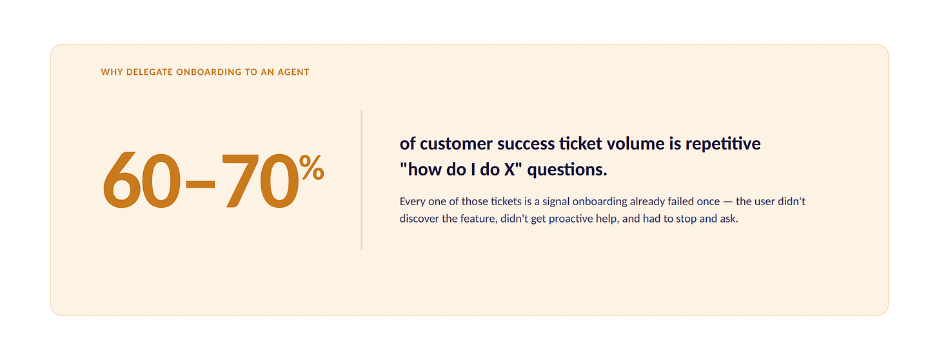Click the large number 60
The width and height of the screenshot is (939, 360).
[142, 180]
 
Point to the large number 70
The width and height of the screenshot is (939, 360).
[261, 180]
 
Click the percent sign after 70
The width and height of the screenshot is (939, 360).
[312, 167]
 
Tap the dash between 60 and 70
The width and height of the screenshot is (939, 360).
[201, 184]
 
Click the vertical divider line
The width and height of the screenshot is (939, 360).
[361, 180]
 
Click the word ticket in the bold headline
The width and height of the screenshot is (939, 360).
[580, 144]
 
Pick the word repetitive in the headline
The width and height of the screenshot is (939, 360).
[723, 145]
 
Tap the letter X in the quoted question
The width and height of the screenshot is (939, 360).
[509, 170]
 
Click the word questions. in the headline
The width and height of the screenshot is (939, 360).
[567, 170]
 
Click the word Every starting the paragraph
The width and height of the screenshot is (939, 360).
[412, 202]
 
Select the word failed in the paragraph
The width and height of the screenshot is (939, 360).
[680, 201]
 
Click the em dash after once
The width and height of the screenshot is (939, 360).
[727, 202]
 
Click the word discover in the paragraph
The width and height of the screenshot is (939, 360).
[419, 219]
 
